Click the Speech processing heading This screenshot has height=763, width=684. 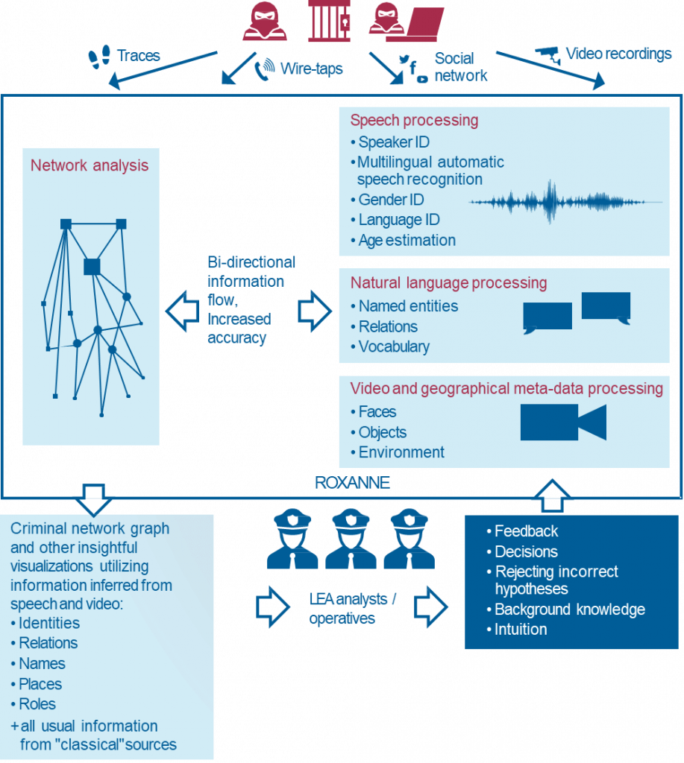click(414, 121)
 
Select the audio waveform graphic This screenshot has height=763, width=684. click(565, 202)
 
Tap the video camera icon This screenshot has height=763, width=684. click(562, 422)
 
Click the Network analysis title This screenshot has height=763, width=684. click(90, 165)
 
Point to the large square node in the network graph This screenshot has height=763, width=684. click(92, 266)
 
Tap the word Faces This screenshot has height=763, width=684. click(377, 412)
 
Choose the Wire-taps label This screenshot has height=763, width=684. click(311, 69)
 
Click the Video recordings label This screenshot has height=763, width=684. click(618, 54)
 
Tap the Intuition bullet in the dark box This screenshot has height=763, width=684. click(521, 630)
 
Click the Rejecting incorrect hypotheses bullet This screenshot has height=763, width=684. click(556, 580)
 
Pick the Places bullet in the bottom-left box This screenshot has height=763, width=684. click(40, 684)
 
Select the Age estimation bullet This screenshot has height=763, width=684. click(407, 241)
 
